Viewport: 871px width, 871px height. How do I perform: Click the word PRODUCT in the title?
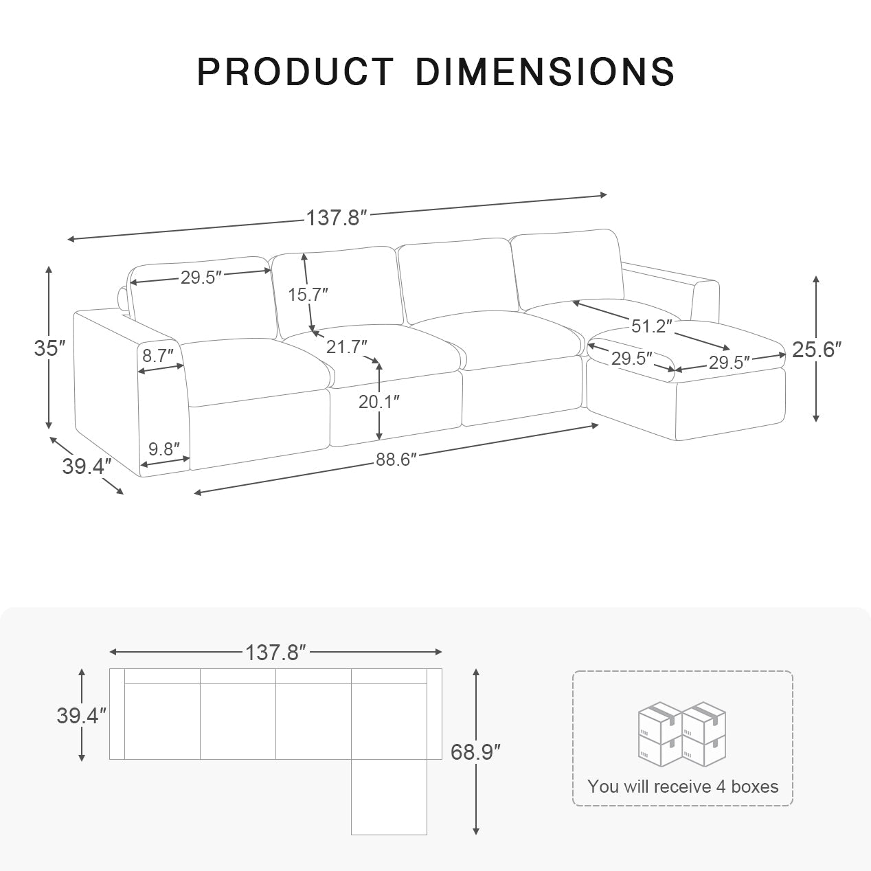tap(295, 71)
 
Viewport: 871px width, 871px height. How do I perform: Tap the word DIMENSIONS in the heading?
tap(545, 71)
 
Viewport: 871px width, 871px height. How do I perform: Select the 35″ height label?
tap(49, 348)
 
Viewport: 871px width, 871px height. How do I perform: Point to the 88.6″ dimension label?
tap(396, 460)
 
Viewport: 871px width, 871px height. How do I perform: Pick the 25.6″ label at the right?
tap(816, 350)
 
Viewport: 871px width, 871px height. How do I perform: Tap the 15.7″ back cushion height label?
tap(307, 295)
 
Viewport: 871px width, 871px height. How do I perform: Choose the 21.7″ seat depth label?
tap(346, 347)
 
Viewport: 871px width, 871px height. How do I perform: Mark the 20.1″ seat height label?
tap(378, 402)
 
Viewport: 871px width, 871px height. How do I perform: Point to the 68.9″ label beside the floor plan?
tap(475, 751)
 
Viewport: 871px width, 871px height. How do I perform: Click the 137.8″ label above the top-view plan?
tap(275, 652)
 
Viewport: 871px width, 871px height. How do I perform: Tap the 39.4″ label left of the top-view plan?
tap(82, 715)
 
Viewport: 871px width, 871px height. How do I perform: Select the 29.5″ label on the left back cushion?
tap(202, 278)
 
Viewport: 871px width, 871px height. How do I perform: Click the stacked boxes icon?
tap(682, 734)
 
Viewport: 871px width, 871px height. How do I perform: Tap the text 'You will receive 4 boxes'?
tap(683, 787)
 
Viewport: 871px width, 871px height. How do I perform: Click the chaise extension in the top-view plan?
tap(389, 797)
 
